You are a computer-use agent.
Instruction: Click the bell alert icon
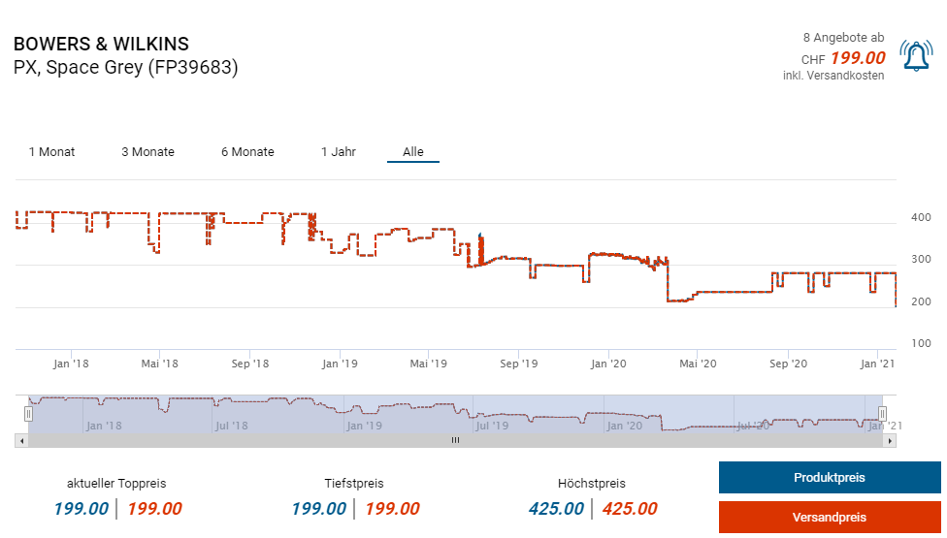coord(915,56)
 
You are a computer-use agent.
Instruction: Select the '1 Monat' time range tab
coord(51,152)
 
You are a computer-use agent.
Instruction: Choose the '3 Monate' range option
coord(147,152)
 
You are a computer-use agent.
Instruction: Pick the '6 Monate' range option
coord(247,152)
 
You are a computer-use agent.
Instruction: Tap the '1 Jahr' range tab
coord(339,152)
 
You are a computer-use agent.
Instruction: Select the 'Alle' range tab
coord(413,152)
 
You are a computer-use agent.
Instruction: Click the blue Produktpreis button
coord(829,478)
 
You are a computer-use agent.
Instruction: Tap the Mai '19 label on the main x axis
coord(428,364)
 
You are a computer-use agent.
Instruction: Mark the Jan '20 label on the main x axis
coord(608,364)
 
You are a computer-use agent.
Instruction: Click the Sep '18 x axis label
coord(250,364)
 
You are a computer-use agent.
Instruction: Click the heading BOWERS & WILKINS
coord(101,45)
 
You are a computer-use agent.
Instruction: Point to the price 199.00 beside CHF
coord(858,58)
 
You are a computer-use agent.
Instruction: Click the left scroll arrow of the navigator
coord(21,440)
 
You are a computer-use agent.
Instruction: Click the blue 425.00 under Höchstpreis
coord(556,509)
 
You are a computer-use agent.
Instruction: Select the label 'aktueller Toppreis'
coord(116,483)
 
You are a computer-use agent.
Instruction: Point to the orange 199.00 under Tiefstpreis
coord(392,509)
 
